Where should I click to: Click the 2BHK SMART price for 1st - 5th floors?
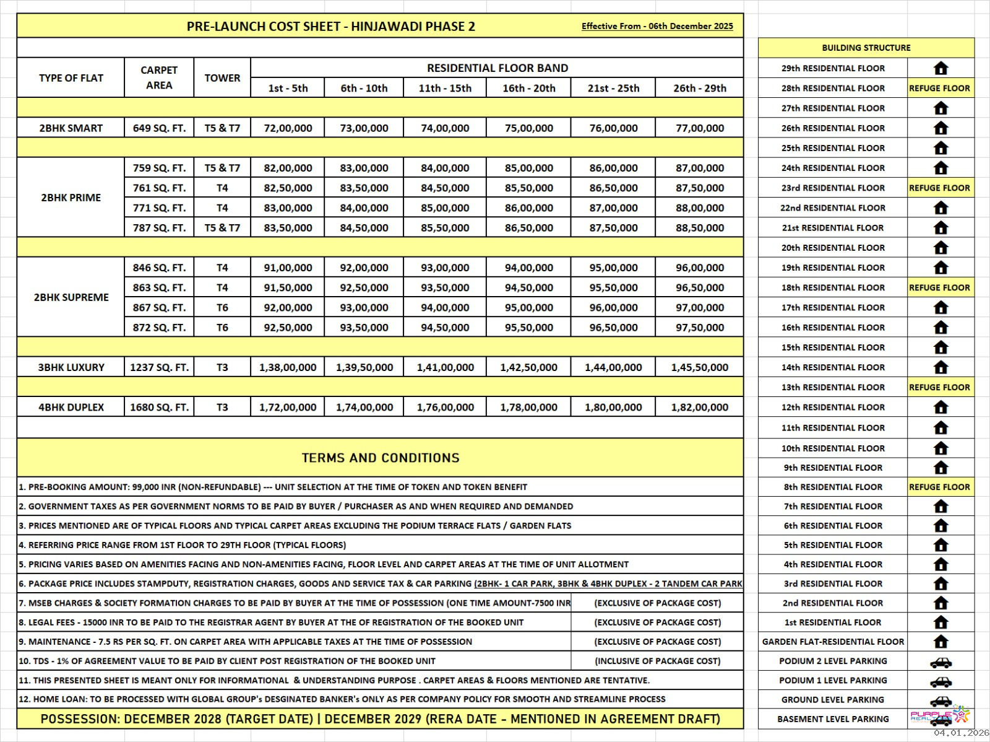288,128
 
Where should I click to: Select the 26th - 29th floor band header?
699,88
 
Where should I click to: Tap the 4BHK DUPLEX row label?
71,407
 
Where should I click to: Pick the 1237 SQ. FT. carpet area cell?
159,367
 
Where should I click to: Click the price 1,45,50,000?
699,367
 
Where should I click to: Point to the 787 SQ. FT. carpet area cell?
159,228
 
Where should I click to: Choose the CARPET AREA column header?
159,77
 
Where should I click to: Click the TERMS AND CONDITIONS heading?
381,458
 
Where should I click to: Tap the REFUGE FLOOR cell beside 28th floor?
939,88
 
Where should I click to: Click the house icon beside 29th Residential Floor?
940,68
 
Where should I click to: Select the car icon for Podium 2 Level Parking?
940,662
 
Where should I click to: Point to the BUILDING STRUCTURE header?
866,48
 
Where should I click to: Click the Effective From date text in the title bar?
657,26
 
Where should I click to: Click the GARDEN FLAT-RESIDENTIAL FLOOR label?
833,642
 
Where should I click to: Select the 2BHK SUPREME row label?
71,297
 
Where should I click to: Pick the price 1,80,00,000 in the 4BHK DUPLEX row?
613,407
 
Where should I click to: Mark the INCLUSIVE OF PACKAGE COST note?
657,661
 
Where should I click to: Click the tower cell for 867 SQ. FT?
222,307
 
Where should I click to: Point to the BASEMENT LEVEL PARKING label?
833,719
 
